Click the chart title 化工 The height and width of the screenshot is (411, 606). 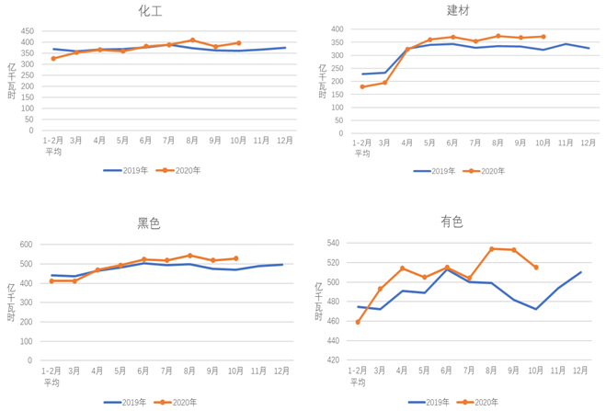coord(149,11)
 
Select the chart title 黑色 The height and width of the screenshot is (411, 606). coord(149,223)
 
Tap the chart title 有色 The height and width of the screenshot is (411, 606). coord(452,222)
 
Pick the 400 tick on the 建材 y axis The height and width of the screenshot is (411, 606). coord(336,29)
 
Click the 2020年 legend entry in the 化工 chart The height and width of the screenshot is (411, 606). coord(180,170)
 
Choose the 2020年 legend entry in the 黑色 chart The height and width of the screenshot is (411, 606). coord(177,402)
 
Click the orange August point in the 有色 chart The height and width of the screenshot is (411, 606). coord(492,249)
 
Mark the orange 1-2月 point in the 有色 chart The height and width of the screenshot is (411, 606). coord(358,322)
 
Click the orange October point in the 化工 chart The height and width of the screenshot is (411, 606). coord(239,43)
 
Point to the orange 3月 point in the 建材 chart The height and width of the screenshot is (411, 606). coord(385,83)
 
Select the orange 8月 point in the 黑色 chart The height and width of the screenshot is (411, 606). coord(190,256)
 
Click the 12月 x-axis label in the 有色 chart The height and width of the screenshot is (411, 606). coord(581,370)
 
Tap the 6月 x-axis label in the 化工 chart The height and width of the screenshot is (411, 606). coord(146,140)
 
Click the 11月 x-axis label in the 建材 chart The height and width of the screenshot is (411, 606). coord(566,142)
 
